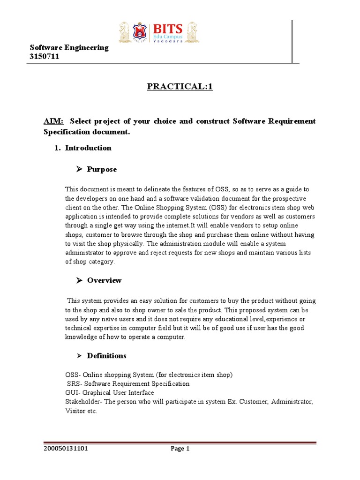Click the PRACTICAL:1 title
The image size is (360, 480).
click(x=180, y=86)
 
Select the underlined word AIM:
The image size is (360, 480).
click(x=53, y=121)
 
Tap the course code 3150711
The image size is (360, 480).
click(x=45, y=57)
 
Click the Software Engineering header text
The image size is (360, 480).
click(x=69, y=47)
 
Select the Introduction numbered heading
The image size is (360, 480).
click(x=88, y=148)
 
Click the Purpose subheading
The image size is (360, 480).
click(x=102, y=169)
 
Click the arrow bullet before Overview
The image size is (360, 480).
click(x=79, y=280)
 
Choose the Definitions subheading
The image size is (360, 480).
click(x=106, y=356)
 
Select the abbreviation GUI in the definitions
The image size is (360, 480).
click(x=71, y=392)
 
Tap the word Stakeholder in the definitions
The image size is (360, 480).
click(x=82, y=402)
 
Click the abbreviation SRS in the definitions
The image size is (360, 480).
click(x=73, y=383)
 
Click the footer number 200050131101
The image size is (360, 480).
click(x=66, y=449)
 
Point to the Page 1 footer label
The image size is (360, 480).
click(x=180, y=449)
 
